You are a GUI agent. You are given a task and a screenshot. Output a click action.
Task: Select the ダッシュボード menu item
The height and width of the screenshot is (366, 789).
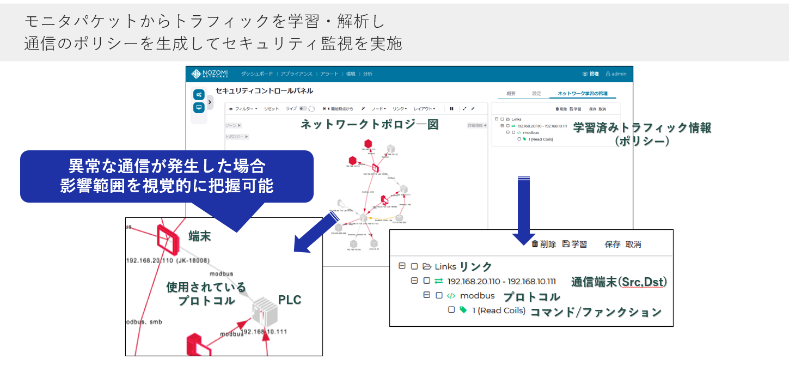coord(257,74)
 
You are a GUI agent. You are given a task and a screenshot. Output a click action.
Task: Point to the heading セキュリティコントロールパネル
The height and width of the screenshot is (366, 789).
coord(264,91)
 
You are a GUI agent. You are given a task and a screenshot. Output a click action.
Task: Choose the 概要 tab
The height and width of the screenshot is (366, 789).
coord(511,94)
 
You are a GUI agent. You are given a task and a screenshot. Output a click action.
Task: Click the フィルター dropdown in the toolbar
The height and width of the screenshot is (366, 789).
coord(243,109)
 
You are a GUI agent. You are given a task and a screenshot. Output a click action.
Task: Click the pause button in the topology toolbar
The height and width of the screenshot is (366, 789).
coord(451,109)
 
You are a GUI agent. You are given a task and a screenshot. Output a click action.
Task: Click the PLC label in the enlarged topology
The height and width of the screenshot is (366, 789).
coord(290,300)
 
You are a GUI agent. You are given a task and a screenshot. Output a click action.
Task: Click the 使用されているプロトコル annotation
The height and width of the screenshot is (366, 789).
coord(206,294)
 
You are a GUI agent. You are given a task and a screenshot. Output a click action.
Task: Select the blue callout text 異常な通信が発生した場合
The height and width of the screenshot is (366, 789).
coord(167,165)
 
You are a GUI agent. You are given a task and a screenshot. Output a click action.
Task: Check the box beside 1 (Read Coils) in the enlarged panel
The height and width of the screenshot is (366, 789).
coord(451,310)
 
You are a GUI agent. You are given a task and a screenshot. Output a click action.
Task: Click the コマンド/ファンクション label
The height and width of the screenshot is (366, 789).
coord(596,312)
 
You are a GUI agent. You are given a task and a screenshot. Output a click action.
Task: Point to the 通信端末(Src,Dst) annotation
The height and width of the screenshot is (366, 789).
coord(619,282)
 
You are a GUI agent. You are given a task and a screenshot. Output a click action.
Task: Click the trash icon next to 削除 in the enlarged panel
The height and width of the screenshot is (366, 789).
coord(535,244)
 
